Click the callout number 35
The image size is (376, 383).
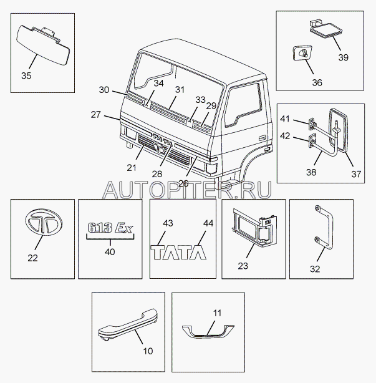tap(26, 76)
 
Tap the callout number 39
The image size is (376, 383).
tap(344, 57)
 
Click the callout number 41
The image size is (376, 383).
tap(284, 119)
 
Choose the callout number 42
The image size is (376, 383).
tap(284, 135)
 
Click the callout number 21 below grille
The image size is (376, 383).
tap(132, 167)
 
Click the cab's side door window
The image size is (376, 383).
tap(245, 103)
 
